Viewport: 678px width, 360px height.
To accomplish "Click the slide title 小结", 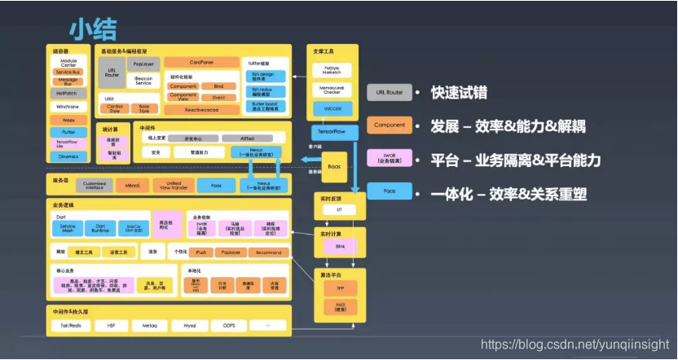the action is (x=93, y=29).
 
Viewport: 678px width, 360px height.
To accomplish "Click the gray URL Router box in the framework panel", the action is (x=112, y=72).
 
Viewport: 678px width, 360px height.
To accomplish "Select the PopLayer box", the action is (x=143, y=64).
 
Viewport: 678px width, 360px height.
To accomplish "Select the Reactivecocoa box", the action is (x=201, y=108).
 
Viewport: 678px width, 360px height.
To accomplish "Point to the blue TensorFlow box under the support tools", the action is (x=330, y=130).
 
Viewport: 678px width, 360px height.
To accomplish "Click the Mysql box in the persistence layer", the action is (x=190, y=324).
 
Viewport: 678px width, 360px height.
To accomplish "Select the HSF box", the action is (x=110, y=324).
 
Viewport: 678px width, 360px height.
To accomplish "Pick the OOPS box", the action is (x=228, y=324).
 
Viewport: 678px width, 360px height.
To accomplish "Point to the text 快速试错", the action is (x=459, y=92).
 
